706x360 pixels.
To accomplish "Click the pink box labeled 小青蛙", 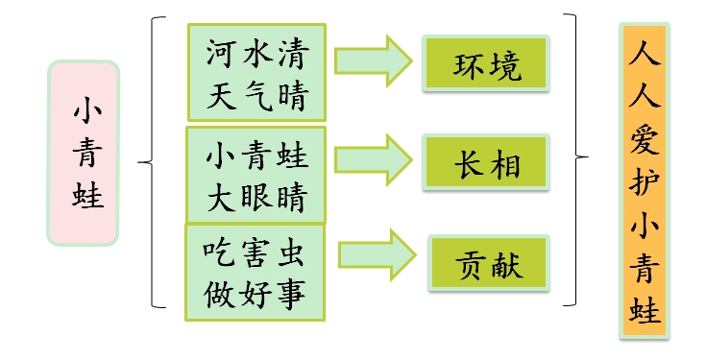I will [x=83, y=153].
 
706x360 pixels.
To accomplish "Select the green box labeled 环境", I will [x=487, y=65].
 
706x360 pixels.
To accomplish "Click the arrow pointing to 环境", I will [x=373, y=60].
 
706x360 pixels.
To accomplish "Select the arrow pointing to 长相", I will [x=373, y=156].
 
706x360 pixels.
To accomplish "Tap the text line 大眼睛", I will [x=256, y=199].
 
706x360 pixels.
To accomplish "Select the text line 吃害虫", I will [x=256, y=252].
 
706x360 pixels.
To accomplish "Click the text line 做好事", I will [x=256, y=294].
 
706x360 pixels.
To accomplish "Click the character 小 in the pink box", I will [x=83, y=111].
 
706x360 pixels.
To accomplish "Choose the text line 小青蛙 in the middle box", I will [x=256, y=156].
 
